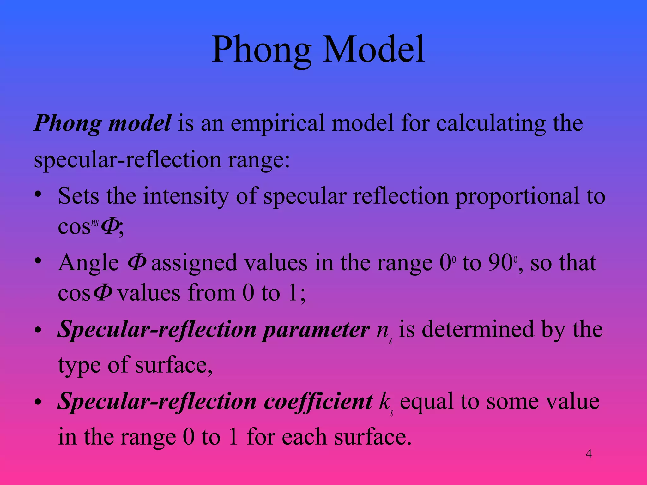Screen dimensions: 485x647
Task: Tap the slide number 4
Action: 589,454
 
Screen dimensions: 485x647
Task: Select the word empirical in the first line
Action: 281,123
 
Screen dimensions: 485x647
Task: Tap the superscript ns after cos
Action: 95,224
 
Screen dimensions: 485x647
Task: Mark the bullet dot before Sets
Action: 38,195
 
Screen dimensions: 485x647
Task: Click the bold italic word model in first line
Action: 139,123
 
